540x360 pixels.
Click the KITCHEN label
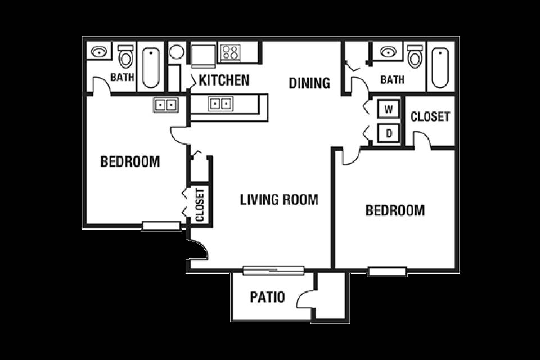coord(224,80)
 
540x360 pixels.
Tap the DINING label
coord(309,83)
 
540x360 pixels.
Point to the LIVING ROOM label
coord(279,200)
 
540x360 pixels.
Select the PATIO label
coord(268,297)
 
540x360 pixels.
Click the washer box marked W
coord(389,110)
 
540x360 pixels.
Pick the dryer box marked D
coord(389,133)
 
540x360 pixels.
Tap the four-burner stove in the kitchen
coord(230,53)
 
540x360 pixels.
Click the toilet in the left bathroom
coord(125,56)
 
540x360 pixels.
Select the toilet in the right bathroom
coord(415,56)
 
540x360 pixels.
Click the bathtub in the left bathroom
coord(151,67)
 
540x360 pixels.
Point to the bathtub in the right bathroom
coord(440,67)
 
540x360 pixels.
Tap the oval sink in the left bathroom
coord(99,52)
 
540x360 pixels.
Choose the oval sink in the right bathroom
coord(389,52)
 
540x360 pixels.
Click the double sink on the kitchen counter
coord(220,103)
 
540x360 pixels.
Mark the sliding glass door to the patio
coord(273,270)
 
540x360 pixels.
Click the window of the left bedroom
coord(161,226)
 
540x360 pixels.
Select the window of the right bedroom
coord(388,272)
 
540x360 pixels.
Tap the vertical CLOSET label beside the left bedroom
coord(200,205)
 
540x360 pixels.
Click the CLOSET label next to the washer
coord(430,117)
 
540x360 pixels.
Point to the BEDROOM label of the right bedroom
coord(395,210)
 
